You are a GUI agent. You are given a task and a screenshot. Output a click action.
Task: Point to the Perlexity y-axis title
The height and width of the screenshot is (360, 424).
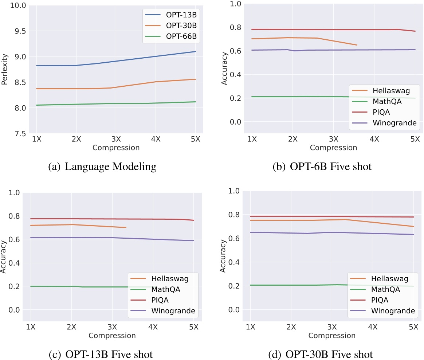pyautogui.click(x=5, y=70)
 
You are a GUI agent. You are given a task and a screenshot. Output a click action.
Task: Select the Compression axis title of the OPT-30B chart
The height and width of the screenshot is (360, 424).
pyautogui.click(x=332, y=336)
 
